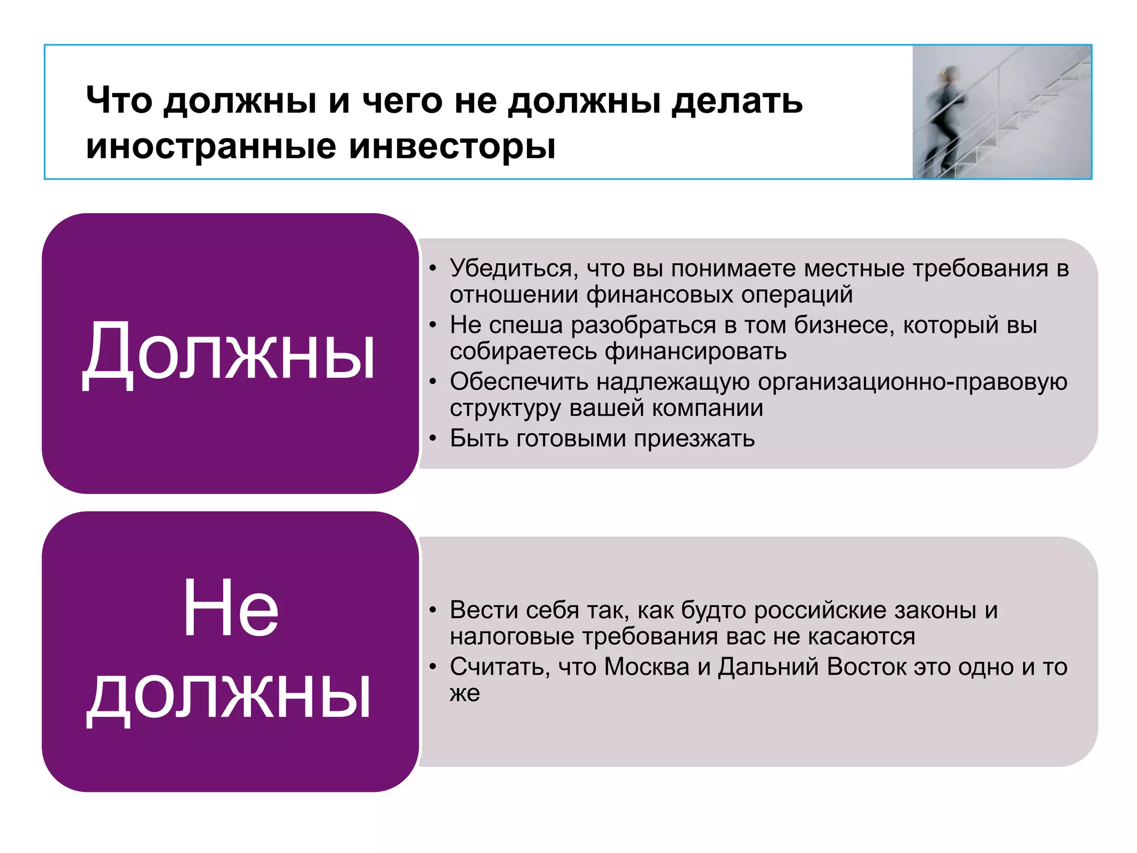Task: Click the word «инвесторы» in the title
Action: pos(452,147)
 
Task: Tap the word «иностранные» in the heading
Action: pos(212,146)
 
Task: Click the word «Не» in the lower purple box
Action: pos(230,608)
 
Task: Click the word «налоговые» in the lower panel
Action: pos(512,636)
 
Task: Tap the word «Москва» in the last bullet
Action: pos(646,667)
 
